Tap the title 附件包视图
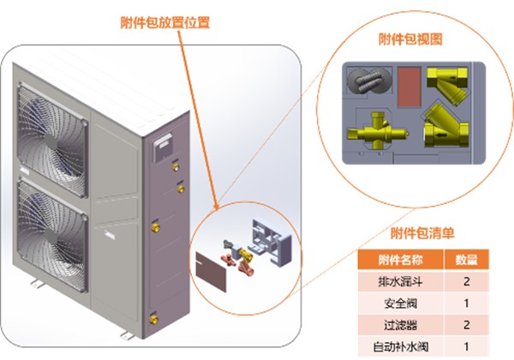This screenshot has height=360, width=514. coord(409,40)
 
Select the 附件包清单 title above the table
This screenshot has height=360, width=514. coord(422,232)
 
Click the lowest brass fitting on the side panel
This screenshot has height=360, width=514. coord(152,316)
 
